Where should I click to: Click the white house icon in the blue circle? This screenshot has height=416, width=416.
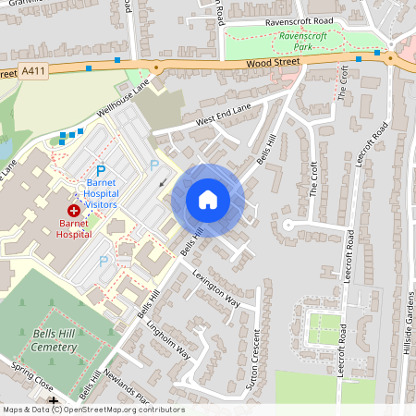click(208, 200)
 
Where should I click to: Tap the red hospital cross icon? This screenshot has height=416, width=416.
click(73, 211)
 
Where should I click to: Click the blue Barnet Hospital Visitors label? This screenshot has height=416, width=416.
click(102, 190)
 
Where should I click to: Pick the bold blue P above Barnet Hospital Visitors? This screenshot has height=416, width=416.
click(103, 171)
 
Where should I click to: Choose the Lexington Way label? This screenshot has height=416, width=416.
click(215, 288)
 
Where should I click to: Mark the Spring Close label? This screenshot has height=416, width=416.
click(32, 377)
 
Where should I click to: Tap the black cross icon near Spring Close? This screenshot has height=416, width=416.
click(53, 400)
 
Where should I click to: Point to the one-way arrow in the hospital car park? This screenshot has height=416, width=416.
click(163, 182)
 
